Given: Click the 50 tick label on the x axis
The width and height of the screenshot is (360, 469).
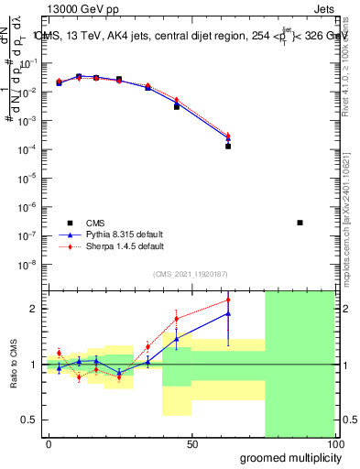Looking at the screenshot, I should click(x=192, y=443).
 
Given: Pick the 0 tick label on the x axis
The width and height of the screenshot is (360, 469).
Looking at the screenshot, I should click(x=49, y=443).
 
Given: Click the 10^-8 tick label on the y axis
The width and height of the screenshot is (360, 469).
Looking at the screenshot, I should click(x=27, y=265).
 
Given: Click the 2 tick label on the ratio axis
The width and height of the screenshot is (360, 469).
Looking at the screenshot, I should click(x=35, y=309).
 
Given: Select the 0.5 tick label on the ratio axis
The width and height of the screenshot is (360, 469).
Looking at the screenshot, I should click(x=30, y=420).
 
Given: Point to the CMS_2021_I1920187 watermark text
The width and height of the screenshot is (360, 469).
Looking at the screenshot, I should click(x=190, y=274).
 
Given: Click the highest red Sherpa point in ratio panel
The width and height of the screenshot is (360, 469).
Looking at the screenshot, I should click(x=228, y=300).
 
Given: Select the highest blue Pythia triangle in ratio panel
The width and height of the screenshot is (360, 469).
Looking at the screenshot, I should click(x=228, y=313).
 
